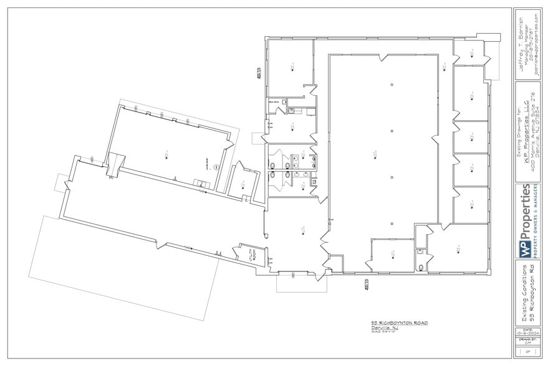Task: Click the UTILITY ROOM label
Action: [242, 253]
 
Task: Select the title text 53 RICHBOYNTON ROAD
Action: [399, 323]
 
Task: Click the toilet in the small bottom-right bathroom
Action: [422, 267]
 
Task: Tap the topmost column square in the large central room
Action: [391, 84]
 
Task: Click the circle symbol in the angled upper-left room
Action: [213, 167]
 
